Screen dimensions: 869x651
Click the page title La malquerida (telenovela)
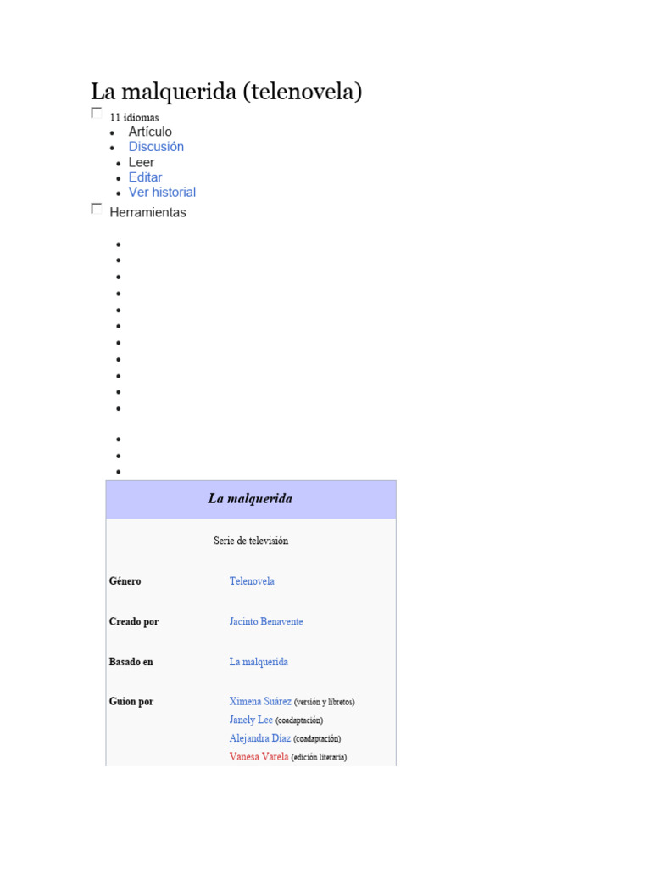pyautogui.click(x=226, y=92)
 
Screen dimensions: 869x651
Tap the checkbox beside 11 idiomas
pyautogui.click(x=96, y=113)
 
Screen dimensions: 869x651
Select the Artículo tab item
pyautogui.click(x=150, y=132)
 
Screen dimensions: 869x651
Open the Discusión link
pyautogui.click(x=156, y=147)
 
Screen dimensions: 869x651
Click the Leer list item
pyautogui.click(x=142, y=162)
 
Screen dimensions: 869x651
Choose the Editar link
pyautogui.click(x=145, y=177)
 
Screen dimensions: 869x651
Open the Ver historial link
pyautogui.click(x=162, y=193)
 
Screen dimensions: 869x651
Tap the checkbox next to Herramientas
pyautogui.click(x=96, y=208)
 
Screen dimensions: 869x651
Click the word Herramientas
pyautogui.click(x=147, y=213)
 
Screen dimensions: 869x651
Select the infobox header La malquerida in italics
pyautogui.click(x=250, y=499)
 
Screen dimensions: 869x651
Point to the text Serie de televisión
pyautogui.click(x=251, y=541)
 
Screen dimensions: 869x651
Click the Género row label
pyautogui.click(x=125, y=581)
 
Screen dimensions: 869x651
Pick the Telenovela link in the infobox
pyautogui.click(x=252, y=581)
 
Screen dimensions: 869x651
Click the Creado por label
pyautogui.click(x=134, y=622)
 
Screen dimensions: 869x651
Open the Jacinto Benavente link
pyautogui.click(x=266, y=622)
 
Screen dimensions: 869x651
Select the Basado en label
pyautogui.click(x=131, y=662)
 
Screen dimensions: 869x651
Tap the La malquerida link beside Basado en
pyautogui.click(x=259, y=662)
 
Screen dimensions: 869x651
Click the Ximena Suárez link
pyautogui.click(x=260, y=702)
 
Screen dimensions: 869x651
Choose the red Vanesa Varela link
pyautogui.click(x=259, y=756)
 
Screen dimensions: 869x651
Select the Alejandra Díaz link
pyautogui.click(x=259, y=738)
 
